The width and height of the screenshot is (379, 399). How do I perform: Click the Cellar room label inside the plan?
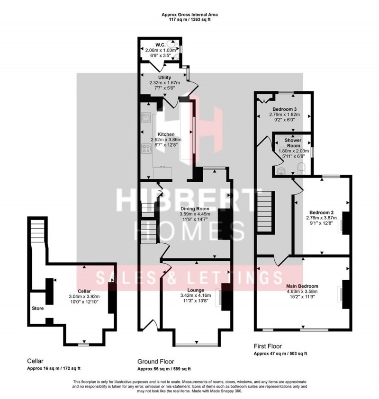click(x=84, y=291)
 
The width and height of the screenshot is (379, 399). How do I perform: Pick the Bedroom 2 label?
click(x=322, y=213)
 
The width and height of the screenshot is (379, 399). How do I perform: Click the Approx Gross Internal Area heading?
click(x=189, y=15)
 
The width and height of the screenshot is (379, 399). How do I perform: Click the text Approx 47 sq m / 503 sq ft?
click(x=280, y=353)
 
